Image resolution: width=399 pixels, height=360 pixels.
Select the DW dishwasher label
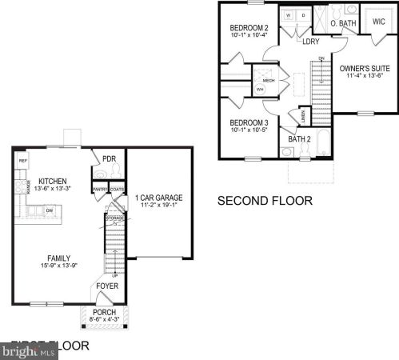click(x=50, y=210)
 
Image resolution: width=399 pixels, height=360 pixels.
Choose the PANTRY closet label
click(x=100, y=190)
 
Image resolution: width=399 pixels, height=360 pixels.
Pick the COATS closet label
click(x=117, y=190)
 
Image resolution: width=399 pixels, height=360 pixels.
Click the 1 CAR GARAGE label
click(x=158, y=197)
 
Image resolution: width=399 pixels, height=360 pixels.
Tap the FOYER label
click(x=107, y=286)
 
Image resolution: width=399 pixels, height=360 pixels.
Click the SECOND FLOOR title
click(x=265, y=201)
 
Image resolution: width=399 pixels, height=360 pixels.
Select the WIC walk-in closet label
click(x=378, y=22)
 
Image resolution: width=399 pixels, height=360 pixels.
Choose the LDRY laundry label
click(x=312, y=42)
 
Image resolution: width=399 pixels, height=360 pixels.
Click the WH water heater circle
click(x=260, y=90)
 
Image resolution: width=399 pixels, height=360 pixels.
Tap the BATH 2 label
click(x=299, y=139)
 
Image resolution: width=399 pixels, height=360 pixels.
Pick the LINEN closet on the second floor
click(x=304, y=117)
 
